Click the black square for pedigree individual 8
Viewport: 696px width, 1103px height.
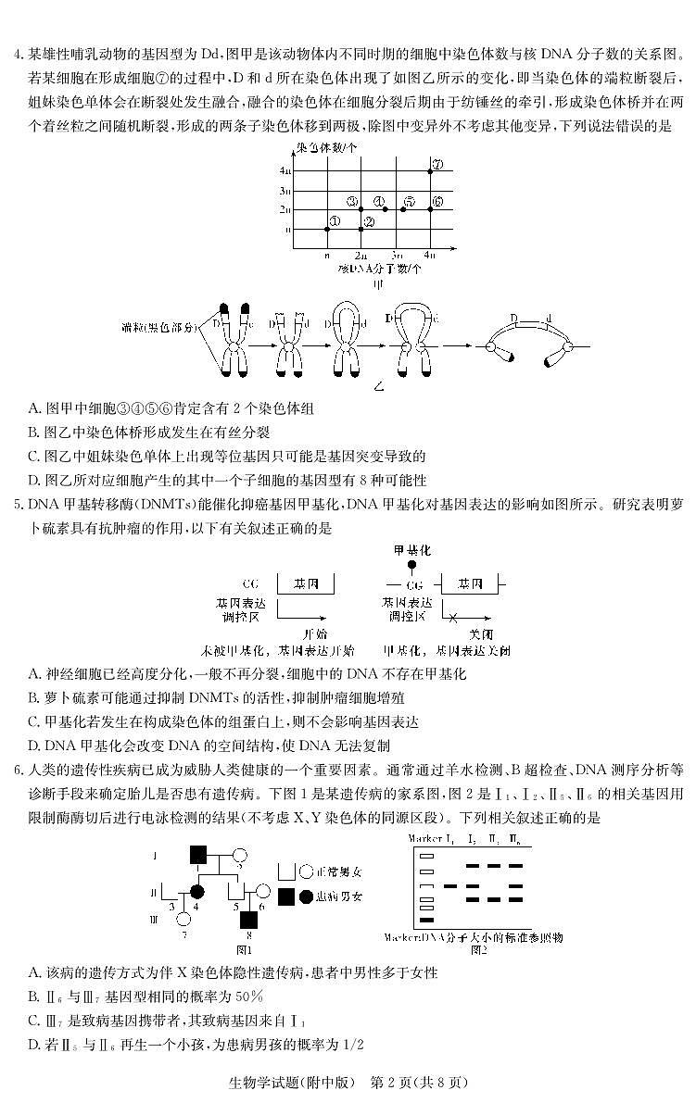[248, 919]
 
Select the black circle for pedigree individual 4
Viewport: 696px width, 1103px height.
[197, 891]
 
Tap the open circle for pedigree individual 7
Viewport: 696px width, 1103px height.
[183, 919]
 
